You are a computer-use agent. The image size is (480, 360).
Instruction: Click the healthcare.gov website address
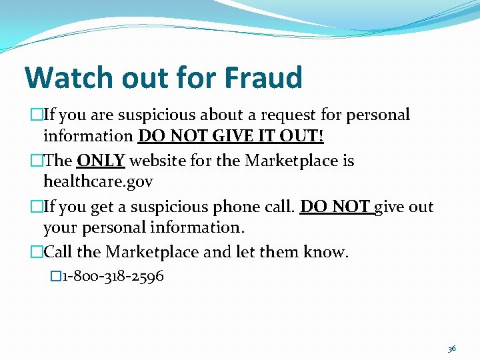tap(98, 181)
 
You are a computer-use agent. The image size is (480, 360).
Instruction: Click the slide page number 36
tap(452, 348)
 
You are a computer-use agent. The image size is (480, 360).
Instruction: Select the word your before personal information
tap(63, 227)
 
